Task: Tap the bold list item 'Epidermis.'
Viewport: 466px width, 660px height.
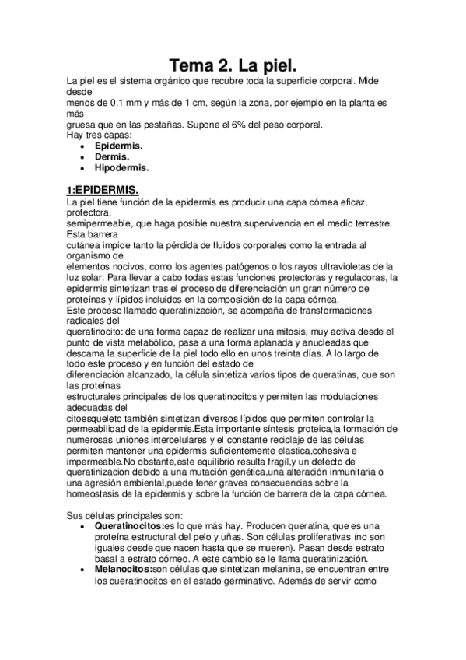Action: (x=119, y=146)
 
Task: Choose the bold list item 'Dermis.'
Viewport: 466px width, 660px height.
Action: (x=113, y=156)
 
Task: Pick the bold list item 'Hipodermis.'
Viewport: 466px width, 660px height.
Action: (x=122, y=167)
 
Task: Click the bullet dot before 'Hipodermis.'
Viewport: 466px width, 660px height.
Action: (x=83, y=167)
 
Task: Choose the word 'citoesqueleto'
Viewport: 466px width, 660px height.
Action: (x=93, y=417)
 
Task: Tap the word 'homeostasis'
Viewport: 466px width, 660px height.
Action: (x=94, y=493)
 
